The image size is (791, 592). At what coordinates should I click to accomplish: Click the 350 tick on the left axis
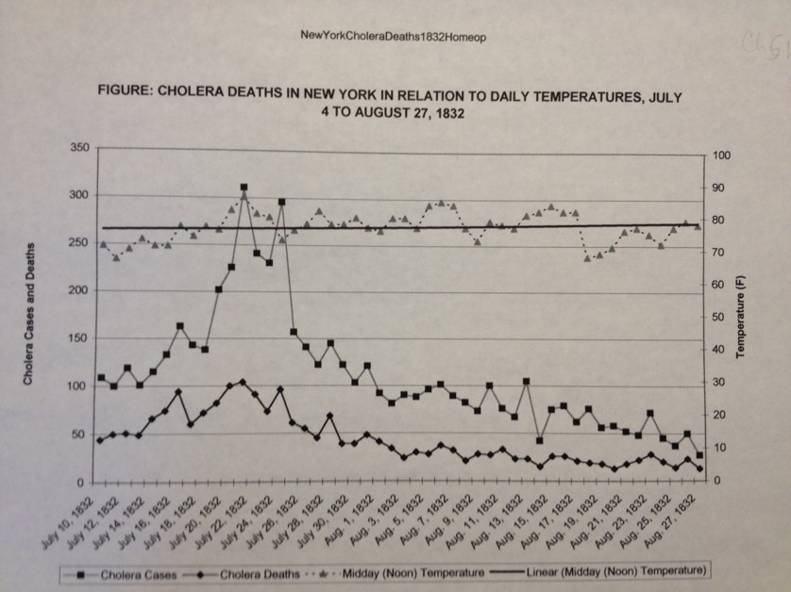(79, 148)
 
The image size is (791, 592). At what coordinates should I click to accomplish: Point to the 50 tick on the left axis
(82, 434)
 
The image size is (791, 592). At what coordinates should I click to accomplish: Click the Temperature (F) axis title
(743, 316)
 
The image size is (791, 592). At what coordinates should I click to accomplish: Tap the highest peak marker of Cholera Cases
(244, 188)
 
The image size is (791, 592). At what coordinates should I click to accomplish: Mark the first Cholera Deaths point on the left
(100, 440)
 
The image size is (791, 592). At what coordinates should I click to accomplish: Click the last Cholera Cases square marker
(699, 455)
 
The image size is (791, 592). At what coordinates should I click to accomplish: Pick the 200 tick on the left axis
(79, 290)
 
